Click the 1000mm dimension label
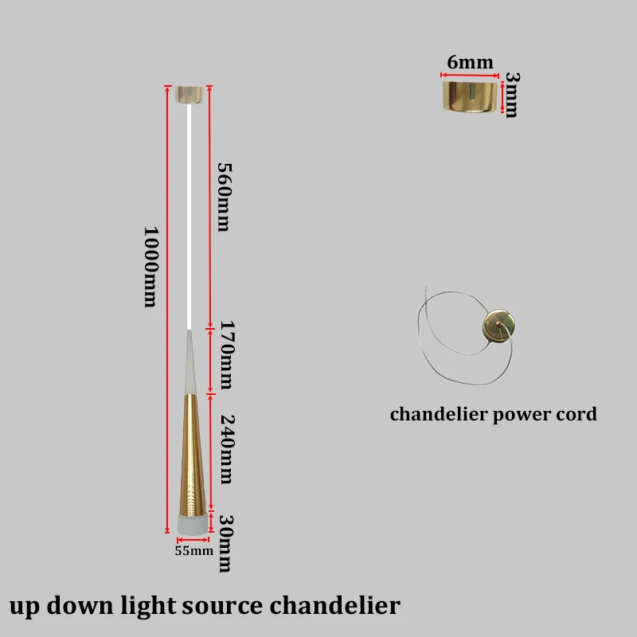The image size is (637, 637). tap(151, 267)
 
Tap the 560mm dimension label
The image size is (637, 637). tap(224, 197)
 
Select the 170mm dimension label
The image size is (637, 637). tap(227, 354)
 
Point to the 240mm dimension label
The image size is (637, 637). tap(227, 449)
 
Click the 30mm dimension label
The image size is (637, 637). tap(226, 544)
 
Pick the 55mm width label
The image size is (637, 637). tap(193, 551)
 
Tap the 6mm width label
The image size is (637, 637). tap(470, 62)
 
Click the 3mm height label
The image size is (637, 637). tap(512, 95)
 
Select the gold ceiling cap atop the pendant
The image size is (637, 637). tap(190, 95)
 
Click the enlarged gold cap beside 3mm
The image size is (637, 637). tap(470, 96)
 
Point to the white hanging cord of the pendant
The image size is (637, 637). tap(189, 217)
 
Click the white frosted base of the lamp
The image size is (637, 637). tap(193, 525)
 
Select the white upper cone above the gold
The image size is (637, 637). tap(190, 362)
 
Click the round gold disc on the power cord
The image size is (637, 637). tap(499, 326)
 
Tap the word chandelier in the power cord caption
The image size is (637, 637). tap(439, 414)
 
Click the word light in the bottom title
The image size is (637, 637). tap(148, 605)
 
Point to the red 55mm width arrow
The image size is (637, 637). tap(193, 540)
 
